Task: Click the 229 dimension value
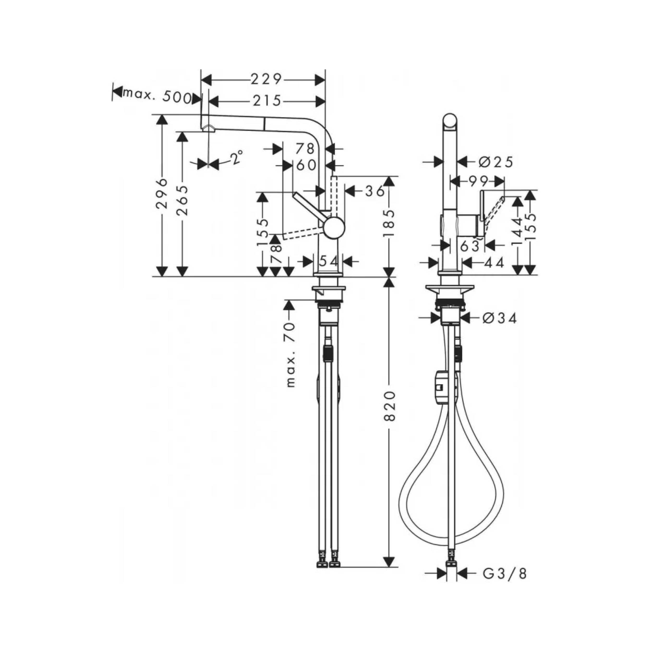(x=266, y=79)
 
